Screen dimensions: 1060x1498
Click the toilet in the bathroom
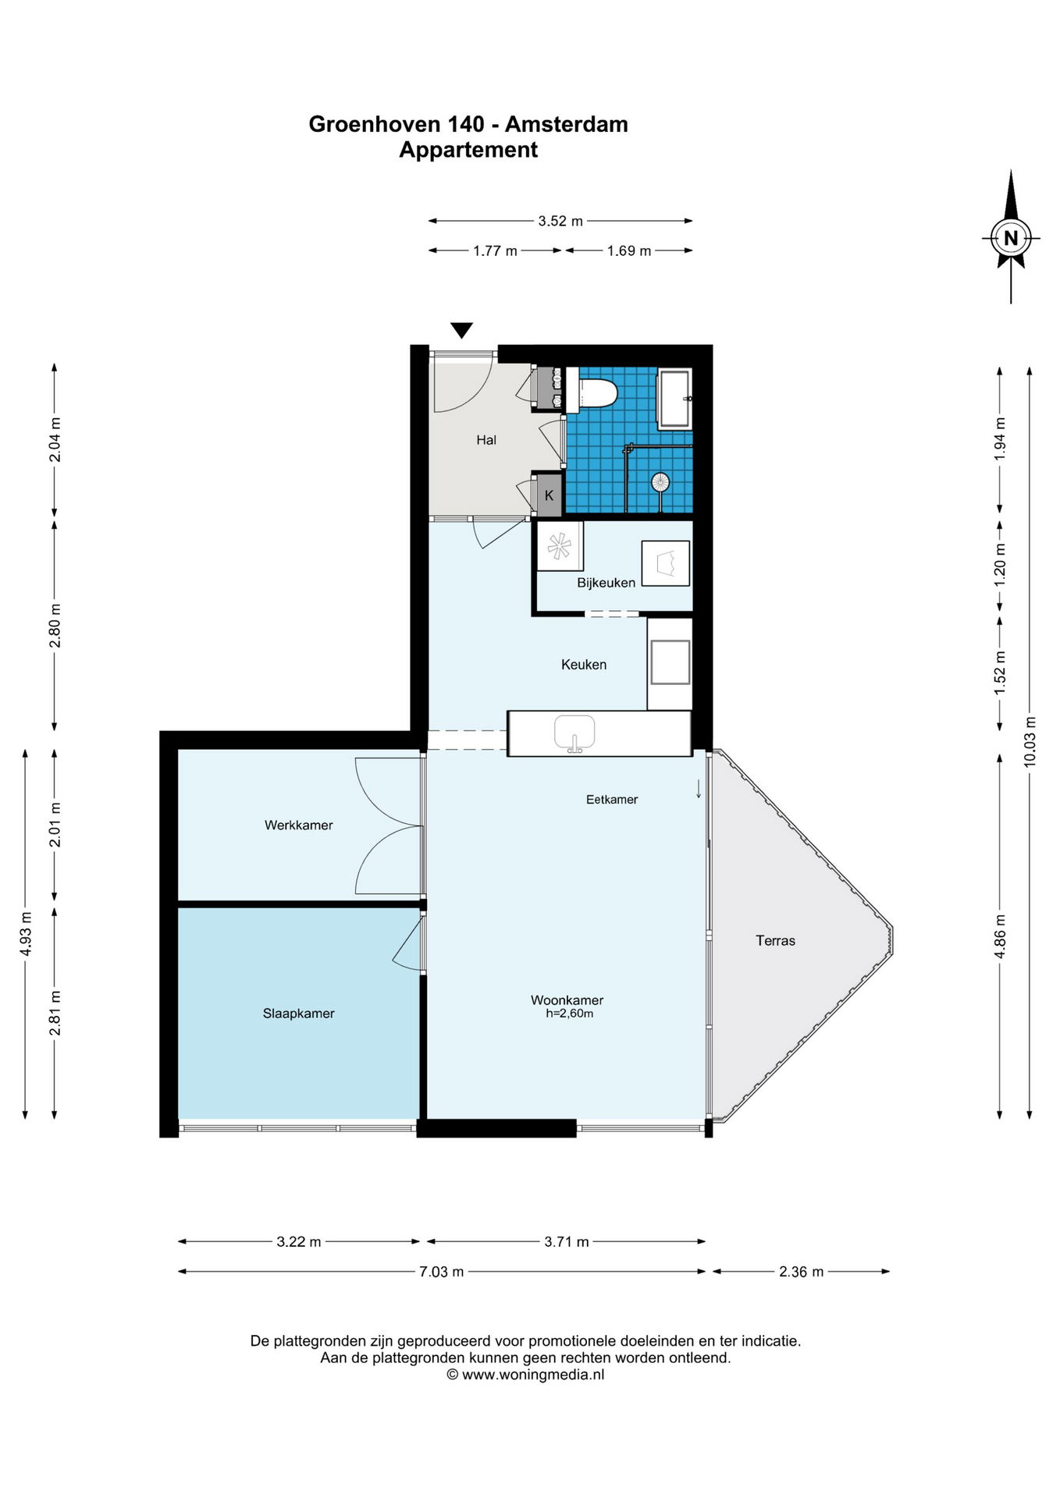click(x=592, y=391)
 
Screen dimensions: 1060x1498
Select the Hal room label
click(x=486, y=440)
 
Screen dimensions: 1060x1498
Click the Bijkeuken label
click(x=606, y=583)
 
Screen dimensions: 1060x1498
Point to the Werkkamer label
click(x=298, y=825)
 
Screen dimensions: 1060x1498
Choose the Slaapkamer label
click(x=298, y=1013)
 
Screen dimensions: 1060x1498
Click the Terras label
click(x=775, y=941)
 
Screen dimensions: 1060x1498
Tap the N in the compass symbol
click(x=1011, y=238)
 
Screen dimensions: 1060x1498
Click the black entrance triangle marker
click(x=461, y=331)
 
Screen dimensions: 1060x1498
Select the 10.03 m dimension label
click(x=1030, y=741)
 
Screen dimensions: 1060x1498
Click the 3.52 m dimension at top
click(x=560, y=221)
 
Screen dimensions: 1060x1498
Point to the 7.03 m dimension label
click(x=442, y=1272)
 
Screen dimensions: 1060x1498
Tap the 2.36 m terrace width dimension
click(x=801, y=1272)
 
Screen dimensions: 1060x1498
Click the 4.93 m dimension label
click(x=25, y=934)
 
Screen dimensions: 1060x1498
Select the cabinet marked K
click(x=548, y=495)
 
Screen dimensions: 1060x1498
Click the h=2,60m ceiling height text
click(x=569, y=1013)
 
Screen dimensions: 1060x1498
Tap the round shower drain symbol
click(x=660, y=483)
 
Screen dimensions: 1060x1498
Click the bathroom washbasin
click(x=675, y=399)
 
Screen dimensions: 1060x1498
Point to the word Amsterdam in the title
click(x=566, y=124)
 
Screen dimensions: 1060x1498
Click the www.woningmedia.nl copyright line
click(x=525, y=1375)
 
